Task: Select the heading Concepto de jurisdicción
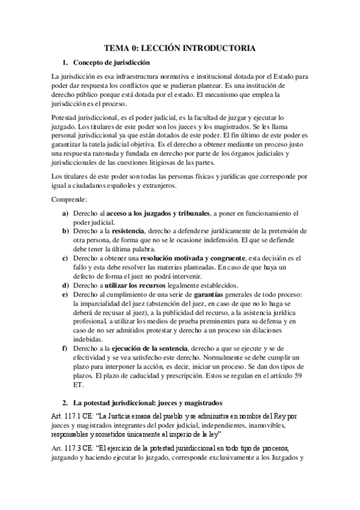(x=111, y=63)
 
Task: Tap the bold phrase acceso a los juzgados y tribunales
(x=160, y=214)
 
